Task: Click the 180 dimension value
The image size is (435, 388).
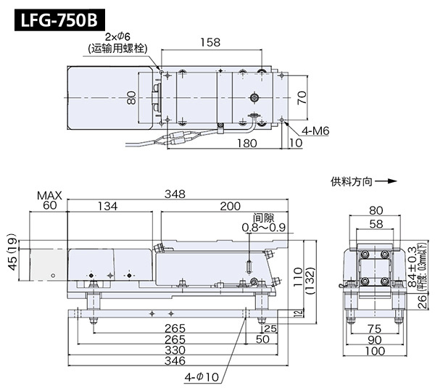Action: [247, 144]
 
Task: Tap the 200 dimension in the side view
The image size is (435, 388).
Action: [230, 207]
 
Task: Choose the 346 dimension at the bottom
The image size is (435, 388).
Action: [175, 360]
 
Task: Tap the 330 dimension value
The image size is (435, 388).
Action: [175, 350]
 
